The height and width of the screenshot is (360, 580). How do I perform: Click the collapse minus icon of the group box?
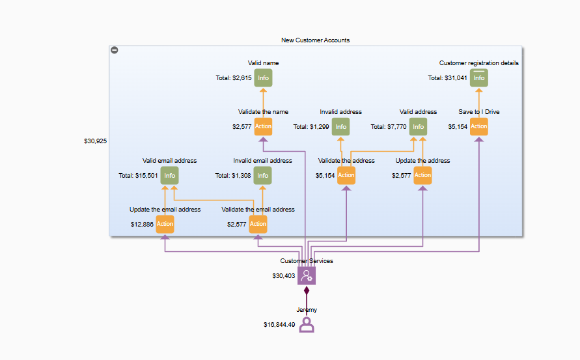point(115,50)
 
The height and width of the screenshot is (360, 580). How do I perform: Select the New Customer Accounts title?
point(315,40)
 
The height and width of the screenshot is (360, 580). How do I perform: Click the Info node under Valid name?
point(263,78)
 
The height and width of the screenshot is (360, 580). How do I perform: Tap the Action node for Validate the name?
point(263,126)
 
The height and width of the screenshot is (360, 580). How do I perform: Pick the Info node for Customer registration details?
point(479,78)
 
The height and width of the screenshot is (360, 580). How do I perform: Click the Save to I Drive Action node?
point(479,126)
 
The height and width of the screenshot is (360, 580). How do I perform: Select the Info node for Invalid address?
point(340,127)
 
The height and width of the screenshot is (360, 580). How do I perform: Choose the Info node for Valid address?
point(418,127)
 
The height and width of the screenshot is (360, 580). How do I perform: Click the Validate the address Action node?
point(346,175)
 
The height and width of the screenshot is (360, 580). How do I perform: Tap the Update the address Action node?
point(422,175)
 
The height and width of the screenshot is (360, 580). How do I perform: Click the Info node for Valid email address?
point(169,176)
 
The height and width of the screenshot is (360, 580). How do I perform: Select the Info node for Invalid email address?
point(262,176)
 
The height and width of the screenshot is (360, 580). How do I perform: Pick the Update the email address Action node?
point(165,224)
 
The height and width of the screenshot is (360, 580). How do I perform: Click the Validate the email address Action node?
point(258,224)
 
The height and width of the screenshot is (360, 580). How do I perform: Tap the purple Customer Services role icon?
point(307,276)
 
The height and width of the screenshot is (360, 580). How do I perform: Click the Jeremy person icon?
point(307,324)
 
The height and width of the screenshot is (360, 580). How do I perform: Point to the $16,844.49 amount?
point(279,324)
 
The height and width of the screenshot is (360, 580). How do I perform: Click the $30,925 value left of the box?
point(95,141)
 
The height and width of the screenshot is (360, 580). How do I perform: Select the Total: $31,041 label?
point(447,78)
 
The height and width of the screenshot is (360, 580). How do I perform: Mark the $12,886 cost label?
point(143,224)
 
